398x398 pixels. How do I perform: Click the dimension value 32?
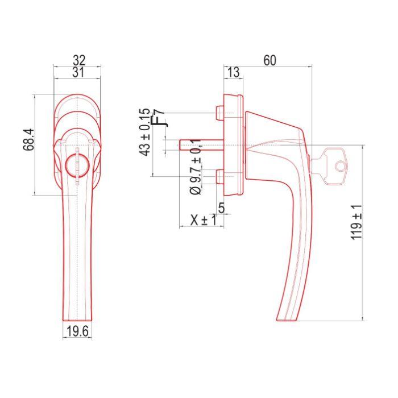[x=79, y=60]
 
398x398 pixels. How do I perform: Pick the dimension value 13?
[x=233, y=72]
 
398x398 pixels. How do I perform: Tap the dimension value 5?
[x=222, y=209]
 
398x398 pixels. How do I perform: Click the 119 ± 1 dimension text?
[x=357, y=222]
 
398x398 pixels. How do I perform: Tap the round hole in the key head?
[x=340, y=166]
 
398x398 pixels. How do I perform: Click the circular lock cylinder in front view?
[x=76, y=165]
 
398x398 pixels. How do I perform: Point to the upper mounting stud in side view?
[x=219, y=114]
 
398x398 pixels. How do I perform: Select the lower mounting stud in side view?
[x=219, y=178]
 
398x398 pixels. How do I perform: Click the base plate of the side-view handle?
[x=234, y=146]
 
